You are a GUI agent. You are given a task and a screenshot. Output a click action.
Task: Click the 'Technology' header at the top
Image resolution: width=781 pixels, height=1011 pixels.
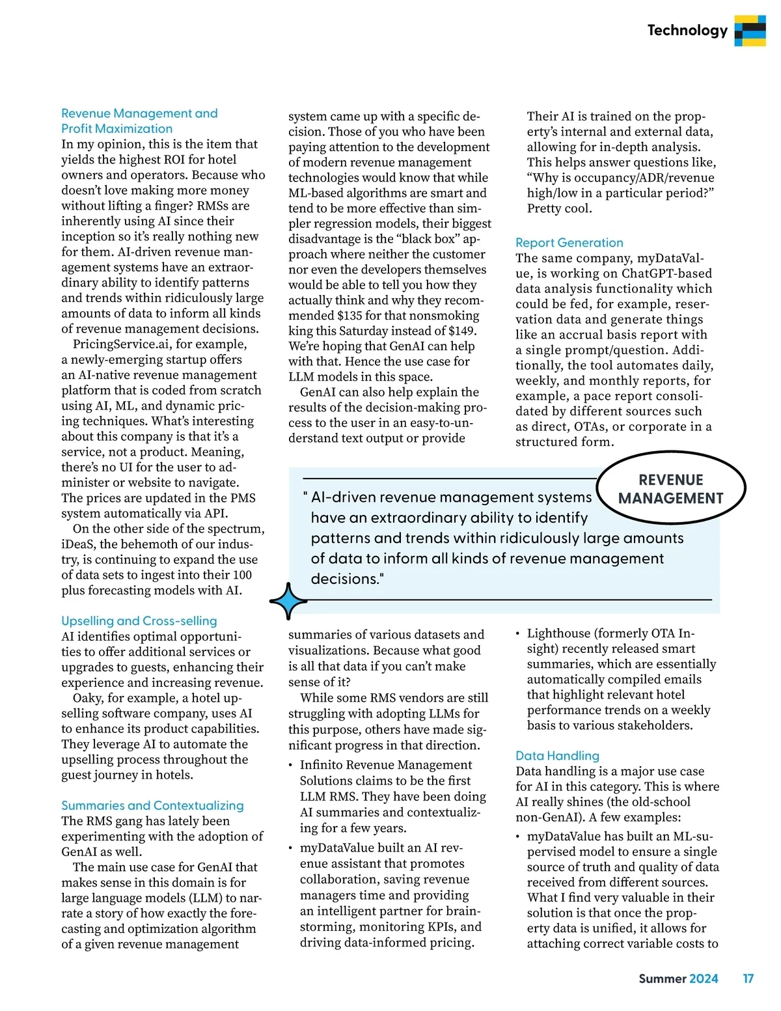(687, 31)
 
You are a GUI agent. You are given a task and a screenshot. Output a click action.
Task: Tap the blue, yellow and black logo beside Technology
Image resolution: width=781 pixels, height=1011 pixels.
(750, 31)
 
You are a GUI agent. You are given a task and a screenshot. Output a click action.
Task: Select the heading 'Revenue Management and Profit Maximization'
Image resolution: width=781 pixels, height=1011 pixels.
(139, 121)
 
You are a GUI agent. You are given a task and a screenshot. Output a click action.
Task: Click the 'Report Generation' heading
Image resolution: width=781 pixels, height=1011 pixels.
(569, 243)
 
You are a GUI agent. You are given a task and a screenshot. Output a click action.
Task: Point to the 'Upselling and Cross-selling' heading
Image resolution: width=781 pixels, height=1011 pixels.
(139, 621)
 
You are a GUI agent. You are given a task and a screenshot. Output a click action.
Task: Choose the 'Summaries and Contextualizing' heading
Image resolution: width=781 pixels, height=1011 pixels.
(152, 805)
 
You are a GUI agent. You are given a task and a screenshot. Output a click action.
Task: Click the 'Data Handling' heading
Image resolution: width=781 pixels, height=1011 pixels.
(557, 756)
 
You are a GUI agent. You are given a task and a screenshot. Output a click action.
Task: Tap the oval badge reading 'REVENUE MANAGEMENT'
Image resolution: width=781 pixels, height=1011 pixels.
(670, 489)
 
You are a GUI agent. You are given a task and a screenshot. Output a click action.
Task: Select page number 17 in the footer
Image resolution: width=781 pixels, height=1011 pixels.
(748, 978)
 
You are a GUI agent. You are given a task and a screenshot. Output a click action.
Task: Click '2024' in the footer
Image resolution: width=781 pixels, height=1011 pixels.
(704, 978)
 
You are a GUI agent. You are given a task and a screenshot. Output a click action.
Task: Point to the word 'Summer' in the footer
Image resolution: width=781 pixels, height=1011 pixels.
(663, 978)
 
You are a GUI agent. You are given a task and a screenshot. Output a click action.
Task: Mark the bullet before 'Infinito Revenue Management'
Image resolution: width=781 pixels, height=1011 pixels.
(291, 766)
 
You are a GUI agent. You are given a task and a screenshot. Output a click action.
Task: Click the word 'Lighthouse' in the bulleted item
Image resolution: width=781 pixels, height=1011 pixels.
(558, 633)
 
